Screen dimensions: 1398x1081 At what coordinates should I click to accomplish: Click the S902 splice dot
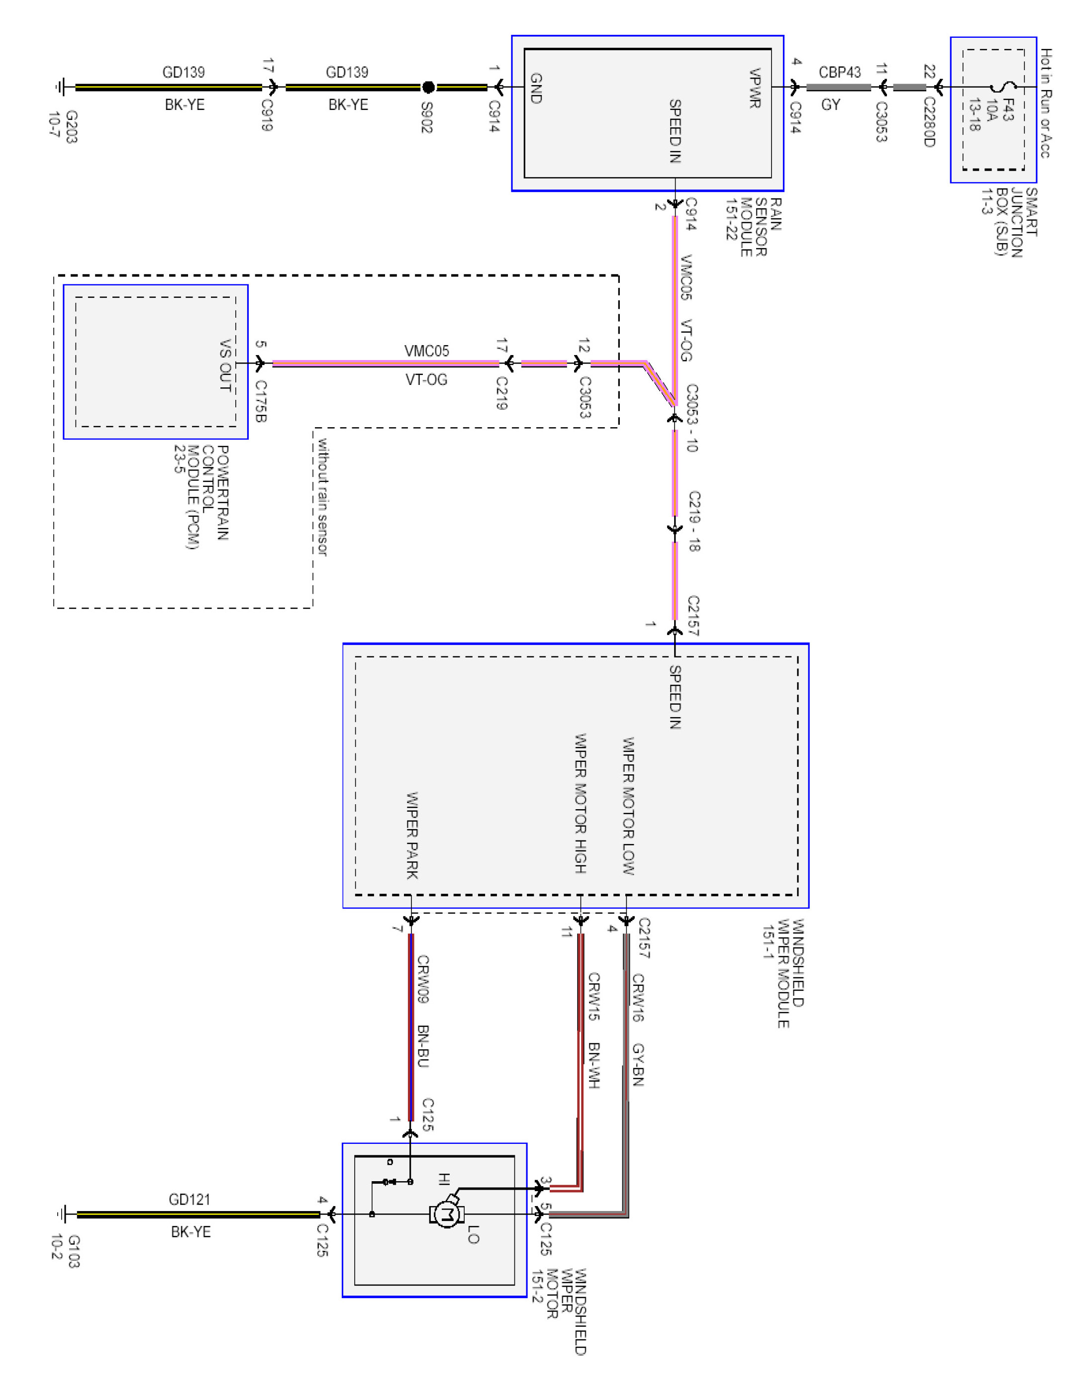(x=428, y=87)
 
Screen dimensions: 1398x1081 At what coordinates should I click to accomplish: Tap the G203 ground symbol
(x=61, y=87)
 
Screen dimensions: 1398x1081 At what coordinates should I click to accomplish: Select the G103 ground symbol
(x=62, y=1213)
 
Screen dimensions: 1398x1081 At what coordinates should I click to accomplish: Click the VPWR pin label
(x=755, y=89)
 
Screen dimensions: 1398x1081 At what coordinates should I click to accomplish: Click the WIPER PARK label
(x=412, y=836)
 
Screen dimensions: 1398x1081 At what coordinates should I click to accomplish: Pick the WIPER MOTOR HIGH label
(x=580, y=803)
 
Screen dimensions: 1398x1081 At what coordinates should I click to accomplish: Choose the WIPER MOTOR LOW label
(x=628, y=806)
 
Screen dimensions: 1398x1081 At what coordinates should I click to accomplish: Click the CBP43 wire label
(x=840, y=72)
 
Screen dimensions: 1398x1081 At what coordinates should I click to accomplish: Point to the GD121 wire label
(x=190, y=1199)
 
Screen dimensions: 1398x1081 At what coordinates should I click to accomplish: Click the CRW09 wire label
(x=423, y=979)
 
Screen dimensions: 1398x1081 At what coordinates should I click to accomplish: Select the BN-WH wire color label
(x=593, y=1066)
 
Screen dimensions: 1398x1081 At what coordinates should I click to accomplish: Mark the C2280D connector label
(x=929, y=122)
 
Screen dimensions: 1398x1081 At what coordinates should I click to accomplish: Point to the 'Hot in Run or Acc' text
(x=1045, y=102)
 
